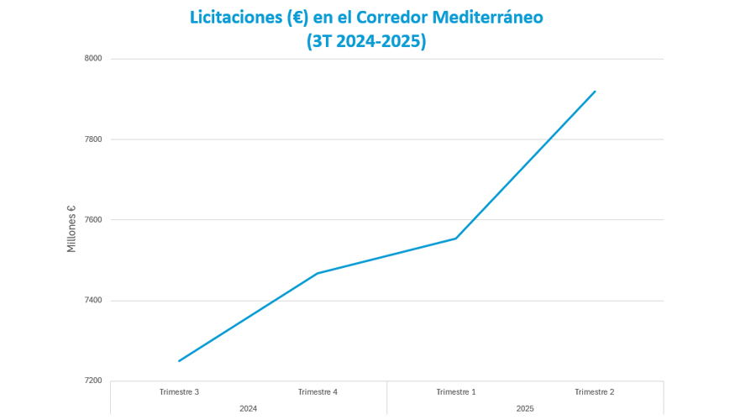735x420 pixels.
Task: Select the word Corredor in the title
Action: point(391,18)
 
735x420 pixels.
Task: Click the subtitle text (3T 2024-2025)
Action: point(366,41)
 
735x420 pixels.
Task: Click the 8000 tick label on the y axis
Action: point(93,59)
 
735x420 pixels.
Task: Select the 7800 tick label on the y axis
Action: point(93,139)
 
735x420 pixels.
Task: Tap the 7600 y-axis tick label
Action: point(93,220)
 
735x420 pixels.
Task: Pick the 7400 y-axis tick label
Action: point(93,301)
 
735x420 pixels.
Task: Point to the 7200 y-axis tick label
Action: point(93,381)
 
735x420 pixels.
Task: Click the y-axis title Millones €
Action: point(71,228)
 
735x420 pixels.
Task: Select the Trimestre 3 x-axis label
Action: point(179,392)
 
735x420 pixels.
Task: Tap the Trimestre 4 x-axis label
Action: point(318,392)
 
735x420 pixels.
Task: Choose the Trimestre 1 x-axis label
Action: point(456,392)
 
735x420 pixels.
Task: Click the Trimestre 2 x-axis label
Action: point(594,392)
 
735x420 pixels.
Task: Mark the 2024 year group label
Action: point(248,409)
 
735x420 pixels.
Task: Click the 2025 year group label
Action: point(525,409)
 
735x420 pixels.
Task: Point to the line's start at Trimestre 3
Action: point(179,361)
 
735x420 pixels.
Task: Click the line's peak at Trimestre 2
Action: point(595,92)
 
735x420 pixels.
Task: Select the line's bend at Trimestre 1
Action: point(456,239)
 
